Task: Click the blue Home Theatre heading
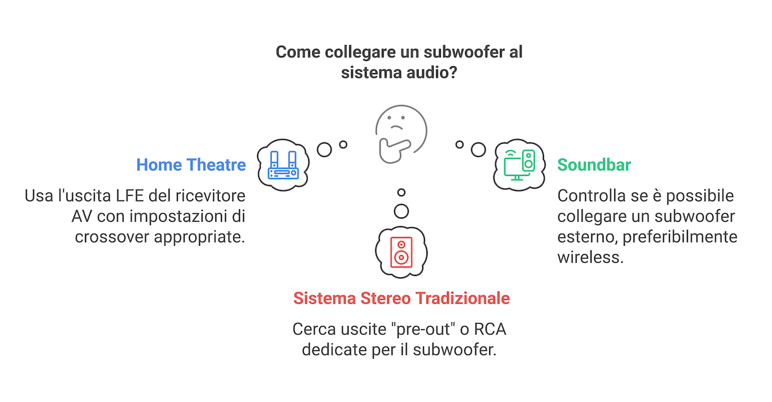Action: [191, 165]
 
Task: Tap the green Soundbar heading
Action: [593, 165]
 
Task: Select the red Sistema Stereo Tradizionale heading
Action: [401, 298]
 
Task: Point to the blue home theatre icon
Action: [283, 165]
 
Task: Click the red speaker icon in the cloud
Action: [401, 252]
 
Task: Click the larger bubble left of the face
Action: [324, 149]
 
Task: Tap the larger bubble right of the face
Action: [478, 149]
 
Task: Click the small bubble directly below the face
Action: [401, 193]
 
